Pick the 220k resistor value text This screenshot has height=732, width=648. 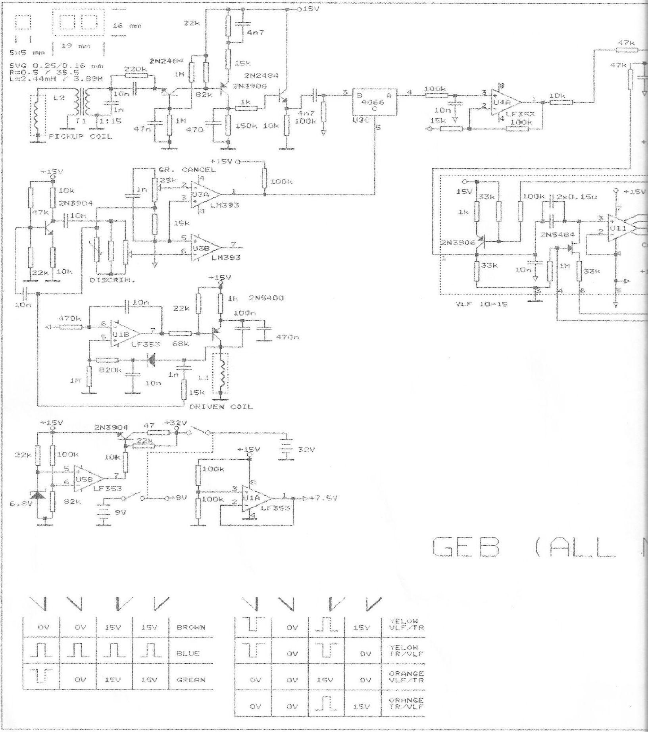click(135, 69)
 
